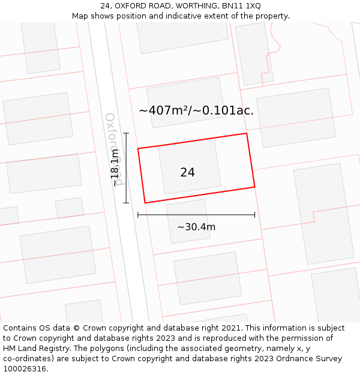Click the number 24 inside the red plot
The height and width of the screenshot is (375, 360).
click(x=187, y=172)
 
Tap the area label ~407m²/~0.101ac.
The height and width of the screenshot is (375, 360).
click(x=196, y=110)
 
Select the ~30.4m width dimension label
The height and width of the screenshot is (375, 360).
click(x=196, y=227)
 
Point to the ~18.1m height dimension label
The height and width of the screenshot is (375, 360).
click(x=115, y=169)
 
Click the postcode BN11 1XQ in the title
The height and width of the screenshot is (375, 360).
click(x=244, y=5)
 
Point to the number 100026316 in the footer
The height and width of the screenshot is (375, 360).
click(x=25, y=368)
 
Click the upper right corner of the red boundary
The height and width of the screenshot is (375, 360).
click(x=247, y=133)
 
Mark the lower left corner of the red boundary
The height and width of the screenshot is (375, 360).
click(x=145, y=203)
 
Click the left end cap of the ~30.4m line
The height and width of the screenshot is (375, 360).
click(x=138, y=214)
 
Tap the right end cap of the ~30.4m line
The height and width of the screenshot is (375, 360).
click(x=255, y=214)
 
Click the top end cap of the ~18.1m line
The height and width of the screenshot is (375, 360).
click(x=126, y=133)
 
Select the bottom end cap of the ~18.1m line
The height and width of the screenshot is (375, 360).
click(x=126, y=203)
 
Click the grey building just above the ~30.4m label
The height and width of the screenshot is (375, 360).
click(x=188, y=220)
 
